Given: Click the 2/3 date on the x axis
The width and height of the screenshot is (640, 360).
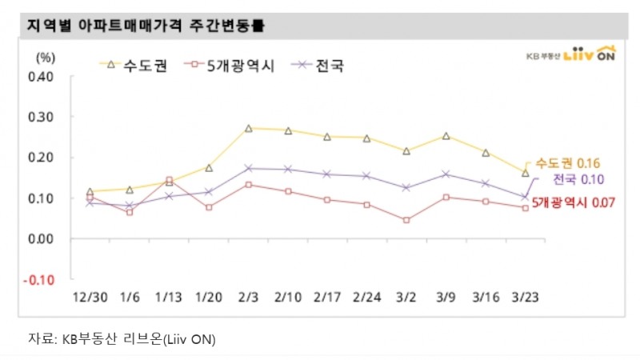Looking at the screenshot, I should click(248, 297).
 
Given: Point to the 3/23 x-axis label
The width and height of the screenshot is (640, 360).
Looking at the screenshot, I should click(525, 297).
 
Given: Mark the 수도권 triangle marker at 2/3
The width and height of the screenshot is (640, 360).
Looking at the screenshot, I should click(249, 128).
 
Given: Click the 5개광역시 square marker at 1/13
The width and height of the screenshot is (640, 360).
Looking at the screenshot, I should click(169, 180).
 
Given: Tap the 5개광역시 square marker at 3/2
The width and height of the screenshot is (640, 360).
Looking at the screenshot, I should click(406, 220).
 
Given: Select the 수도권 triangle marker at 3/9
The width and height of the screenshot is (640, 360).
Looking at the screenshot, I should click(446, 136).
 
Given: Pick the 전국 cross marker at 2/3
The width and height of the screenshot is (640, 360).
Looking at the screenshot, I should click(249, 168).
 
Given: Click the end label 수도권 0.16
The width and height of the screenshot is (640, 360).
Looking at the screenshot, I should click(568, 163).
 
